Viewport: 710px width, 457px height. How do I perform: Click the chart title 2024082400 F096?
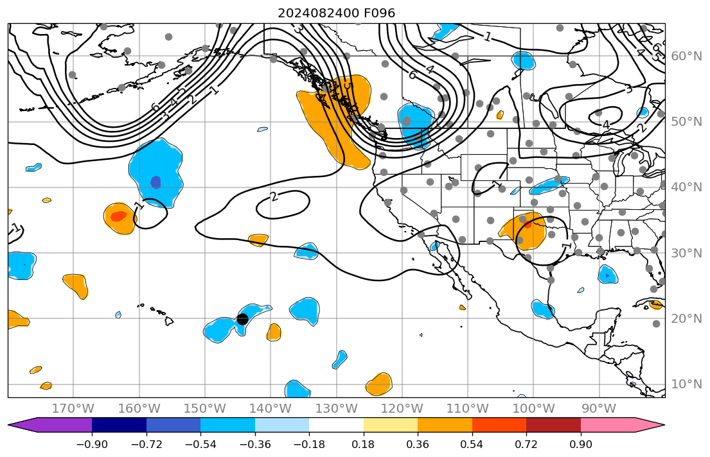click(336, 13)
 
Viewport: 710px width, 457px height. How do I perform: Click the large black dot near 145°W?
click(242, 319)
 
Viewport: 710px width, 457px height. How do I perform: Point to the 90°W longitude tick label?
click(599, 409)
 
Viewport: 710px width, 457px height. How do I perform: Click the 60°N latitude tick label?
click(686, 56)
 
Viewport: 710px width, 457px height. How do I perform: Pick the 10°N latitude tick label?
click(686, 384)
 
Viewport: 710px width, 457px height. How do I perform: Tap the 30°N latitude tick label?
click(686, 254)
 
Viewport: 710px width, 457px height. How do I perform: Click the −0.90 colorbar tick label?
click(92, 445)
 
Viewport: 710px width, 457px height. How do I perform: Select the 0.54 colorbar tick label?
click(472, 445)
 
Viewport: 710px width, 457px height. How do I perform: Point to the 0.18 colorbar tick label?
click(364, 445)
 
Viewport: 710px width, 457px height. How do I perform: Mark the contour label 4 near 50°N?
click(605, 125)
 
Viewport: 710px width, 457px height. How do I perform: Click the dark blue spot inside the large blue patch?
click(155, 182)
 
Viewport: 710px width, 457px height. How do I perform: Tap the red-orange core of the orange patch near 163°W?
click(118, 216)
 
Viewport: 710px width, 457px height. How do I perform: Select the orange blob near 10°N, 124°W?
click(379, 384)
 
